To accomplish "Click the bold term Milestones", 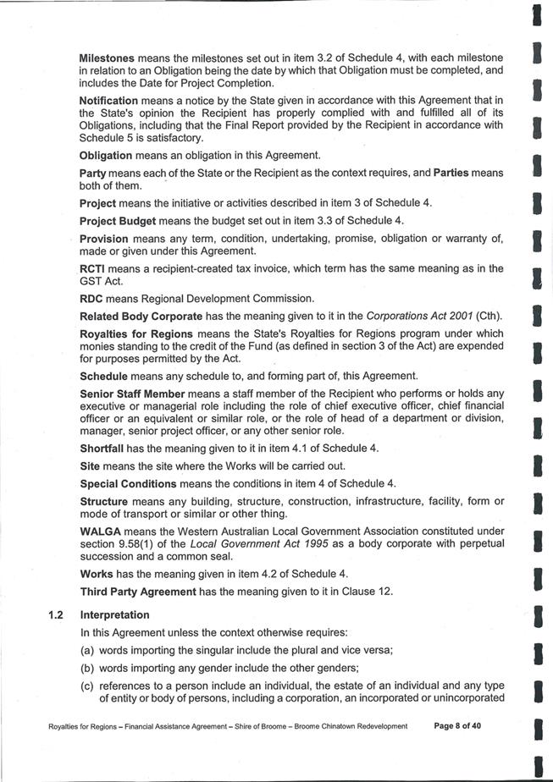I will (107, 58).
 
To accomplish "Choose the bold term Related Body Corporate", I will (141, 316).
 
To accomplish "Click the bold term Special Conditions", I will (128, 484).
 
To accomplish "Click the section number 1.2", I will (58, 615).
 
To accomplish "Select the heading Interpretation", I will (114, 615).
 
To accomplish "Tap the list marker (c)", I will (88, 686).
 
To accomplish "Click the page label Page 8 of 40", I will (457, 726).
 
